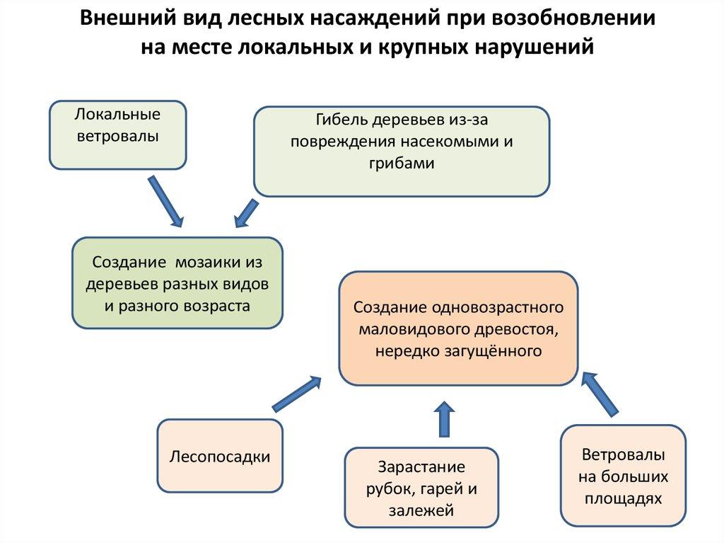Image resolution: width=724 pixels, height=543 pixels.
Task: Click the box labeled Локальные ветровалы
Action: click(117, 135)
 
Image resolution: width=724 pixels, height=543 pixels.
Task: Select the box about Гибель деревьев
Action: click(401, 150)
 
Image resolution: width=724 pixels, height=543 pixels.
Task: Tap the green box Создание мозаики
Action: click(177, 283)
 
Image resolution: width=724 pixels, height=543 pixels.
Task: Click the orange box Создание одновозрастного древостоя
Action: click(458, 328)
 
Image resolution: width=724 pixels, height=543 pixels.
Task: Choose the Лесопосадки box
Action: click(220, 456)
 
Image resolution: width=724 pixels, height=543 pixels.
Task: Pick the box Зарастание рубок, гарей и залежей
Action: click(421, 488)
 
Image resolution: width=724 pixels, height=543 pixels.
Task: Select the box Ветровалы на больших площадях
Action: click(623, 476)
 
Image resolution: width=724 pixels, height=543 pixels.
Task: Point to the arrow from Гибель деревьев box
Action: click(246, 213)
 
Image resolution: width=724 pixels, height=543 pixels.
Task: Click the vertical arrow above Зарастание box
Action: click(444, 418)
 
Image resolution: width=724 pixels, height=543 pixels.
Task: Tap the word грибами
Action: click(401, 162)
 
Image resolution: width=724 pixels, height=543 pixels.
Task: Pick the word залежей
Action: click(421, 510)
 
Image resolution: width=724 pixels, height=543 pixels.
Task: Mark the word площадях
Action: click(623, 498)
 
